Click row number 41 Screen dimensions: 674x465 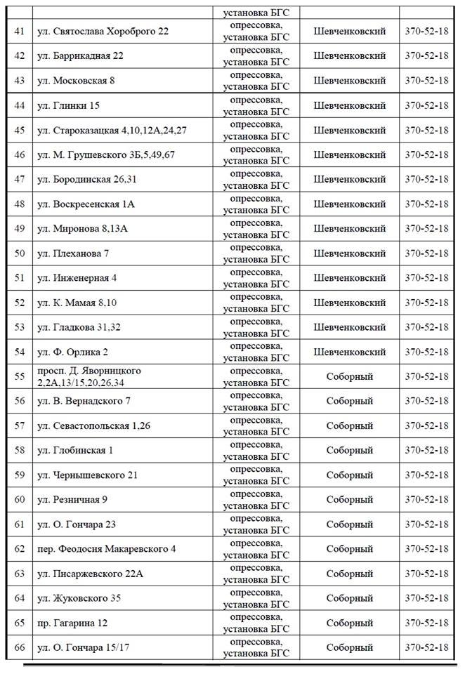coord(20,32)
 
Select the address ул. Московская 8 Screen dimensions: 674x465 coord(76,81)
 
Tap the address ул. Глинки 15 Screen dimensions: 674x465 coord(71,105)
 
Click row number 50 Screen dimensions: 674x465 coord(20,253)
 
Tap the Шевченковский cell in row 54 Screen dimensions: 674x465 coord(349,352)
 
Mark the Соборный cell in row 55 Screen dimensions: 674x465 coord(349,376)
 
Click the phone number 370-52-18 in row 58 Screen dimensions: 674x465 coord(426,450)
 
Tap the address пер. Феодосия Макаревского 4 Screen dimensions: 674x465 coord(105,549)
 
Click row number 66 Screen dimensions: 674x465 coord(20,647)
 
